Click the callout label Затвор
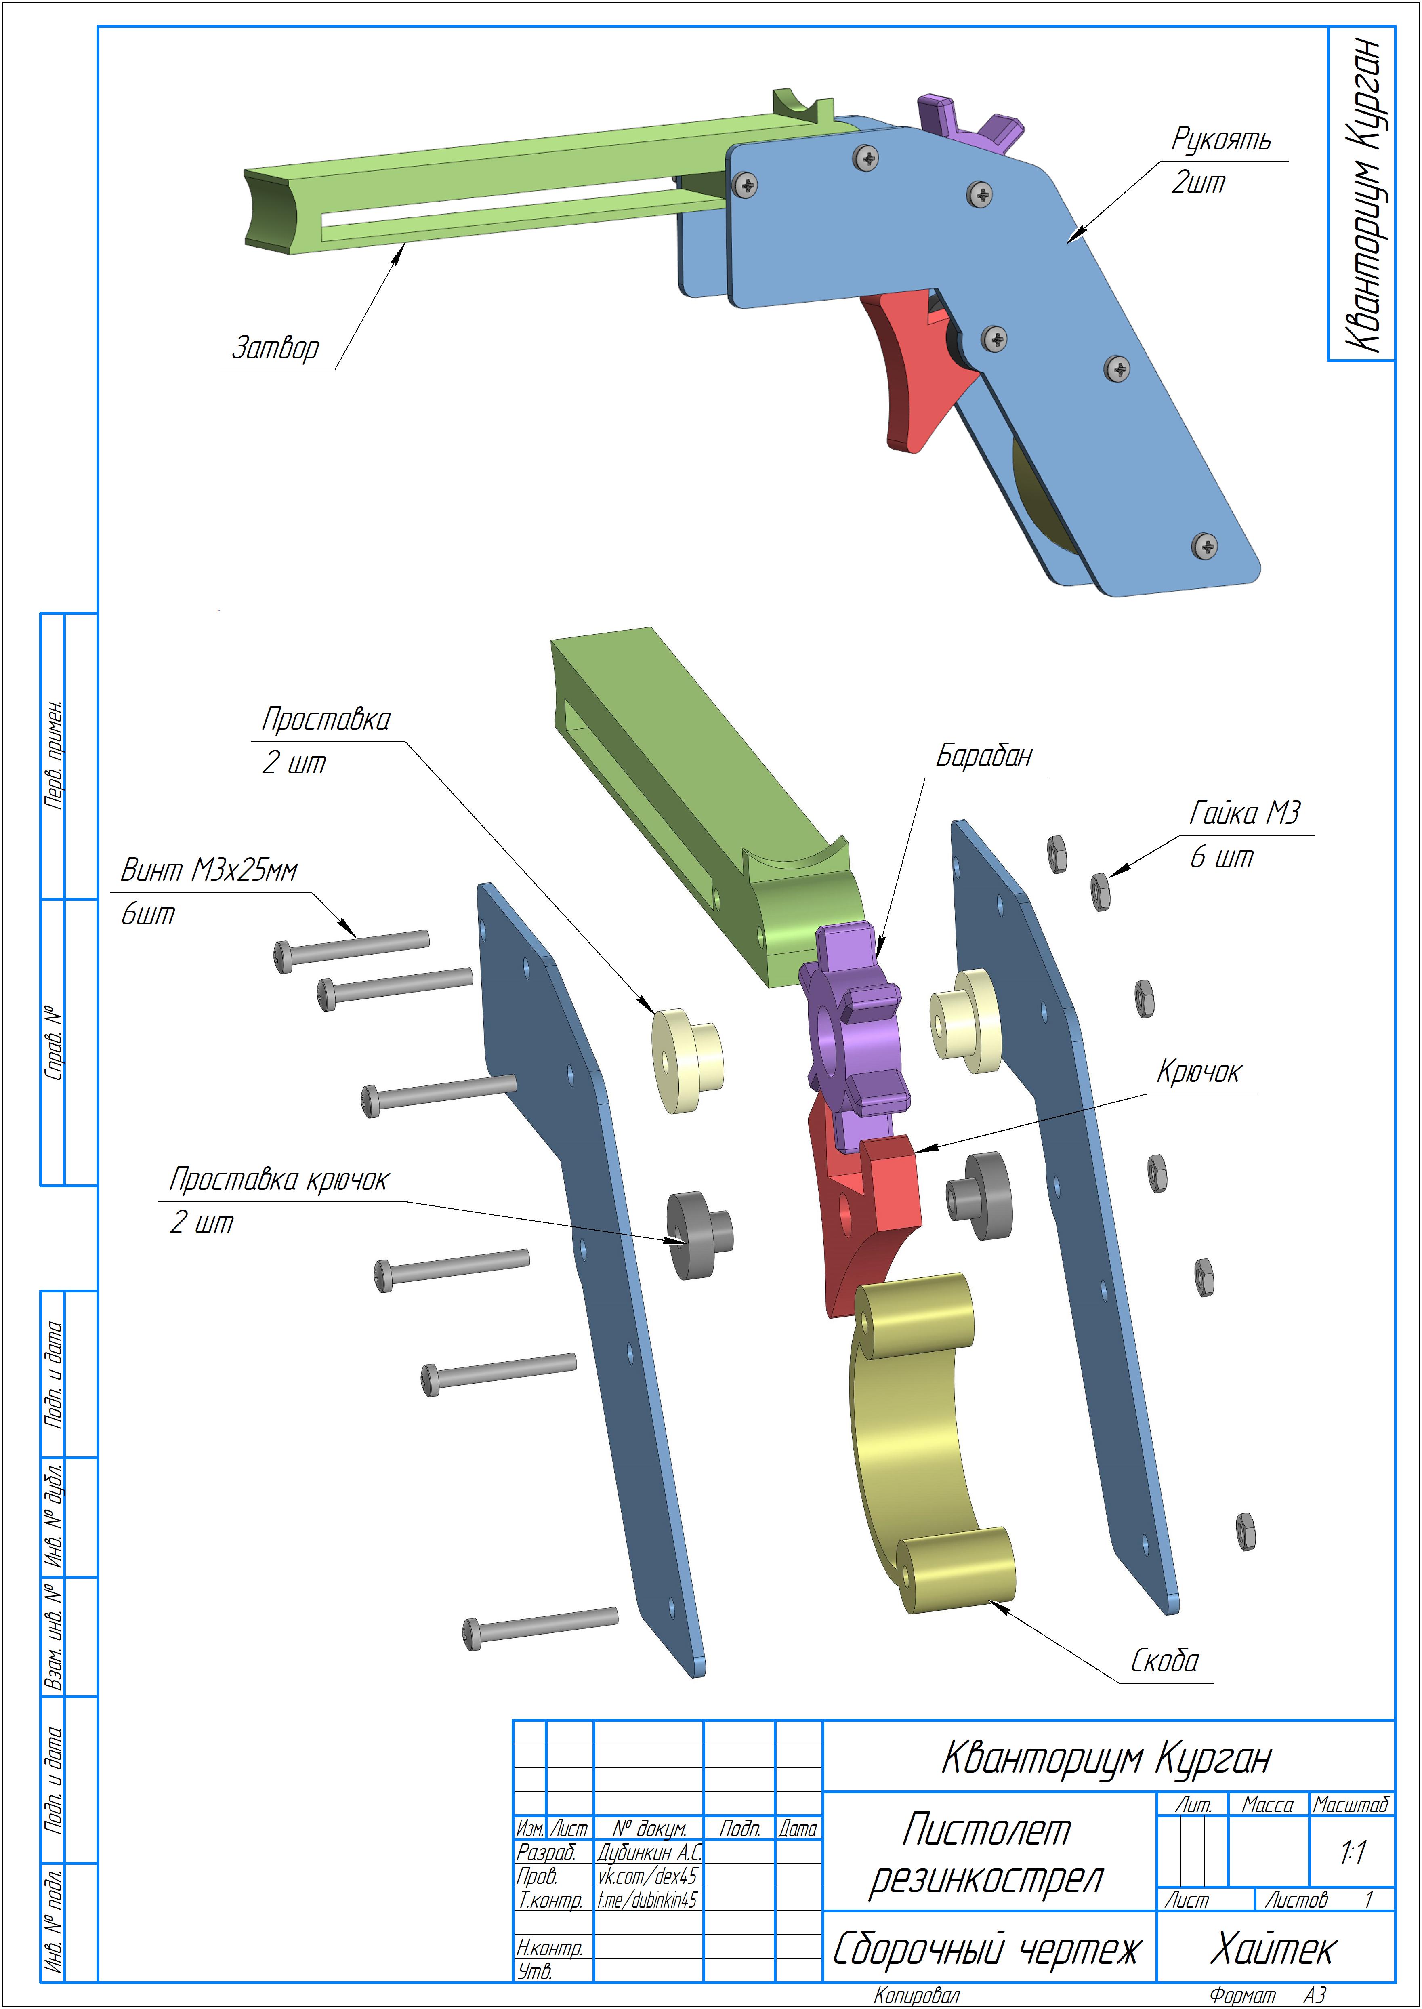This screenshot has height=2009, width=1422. click(x=275, y=348)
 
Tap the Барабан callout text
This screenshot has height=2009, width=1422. click(x=984, y=755)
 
